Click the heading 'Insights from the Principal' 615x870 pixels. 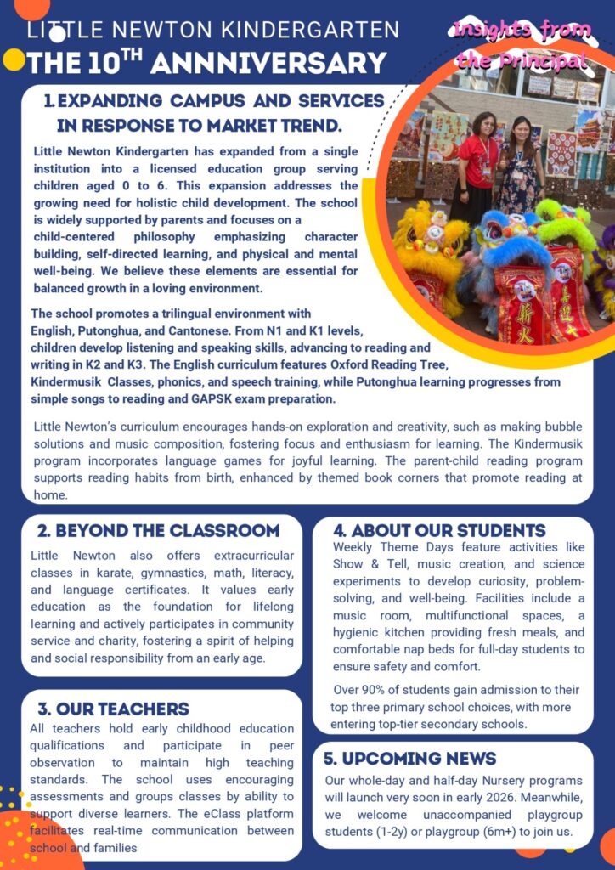pyautogui.click(x=522, y=45)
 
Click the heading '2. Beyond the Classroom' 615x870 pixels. pyautogui.click(x=158, y=531)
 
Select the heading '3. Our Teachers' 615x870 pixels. pyautogui.click(x=113, y=709)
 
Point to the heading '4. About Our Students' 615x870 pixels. pyautogui.click(x=439, y=531)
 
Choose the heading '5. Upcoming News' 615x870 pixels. pyautogui.click(x=409, y=759)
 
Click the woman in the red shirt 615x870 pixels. pyautogui.click(x=478, y=166)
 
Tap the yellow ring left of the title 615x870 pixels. pyautogui.click(x=14, y=59)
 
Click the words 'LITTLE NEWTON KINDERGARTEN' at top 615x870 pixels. pyautogui.click(x=212, y=31)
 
